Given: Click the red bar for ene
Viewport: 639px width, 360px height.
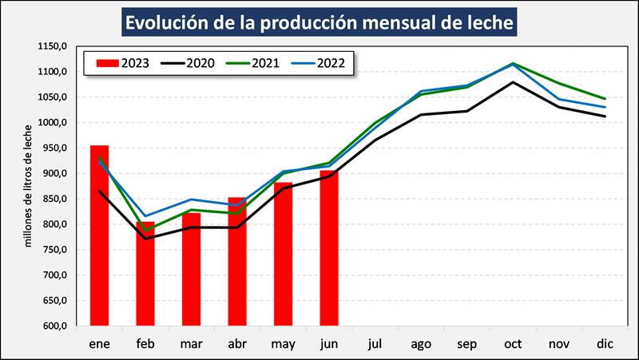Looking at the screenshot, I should [x=99, y=235].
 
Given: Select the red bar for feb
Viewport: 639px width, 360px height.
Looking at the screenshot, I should [x=145, y=274].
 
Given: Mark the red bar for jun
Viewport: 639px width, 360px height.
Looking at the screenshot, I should [x=329, y=248].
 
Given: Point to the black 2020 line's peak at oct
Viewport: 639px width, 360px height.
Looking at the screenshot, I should [x=512, y=82].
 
